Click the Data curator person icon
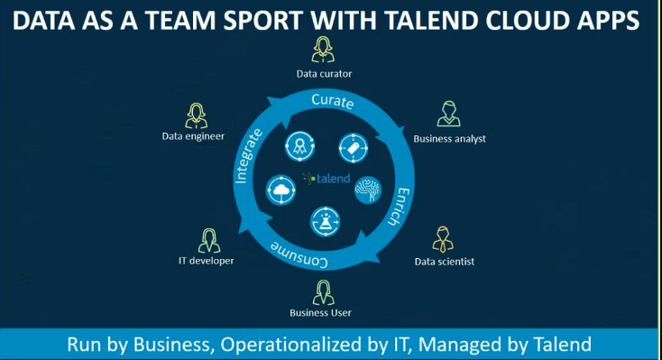click(x=323, y=49)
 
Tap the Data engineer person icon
click(x=196, y=115)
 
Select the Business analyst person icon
click(x=448, y=114)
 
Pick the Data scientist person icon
click(x=443, y=239)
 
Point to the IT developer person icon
click(x=208, y=240)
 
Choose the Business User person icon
click(x=322, y=292)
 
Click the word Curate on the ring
click(x=332, y=101)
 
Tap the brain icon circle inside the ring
click(x=368, y=189)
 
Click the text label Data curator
click(x=324, y=73)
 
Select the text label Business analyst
click(x=449, y=139)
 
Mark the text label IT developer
click(x=206, y=261)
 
